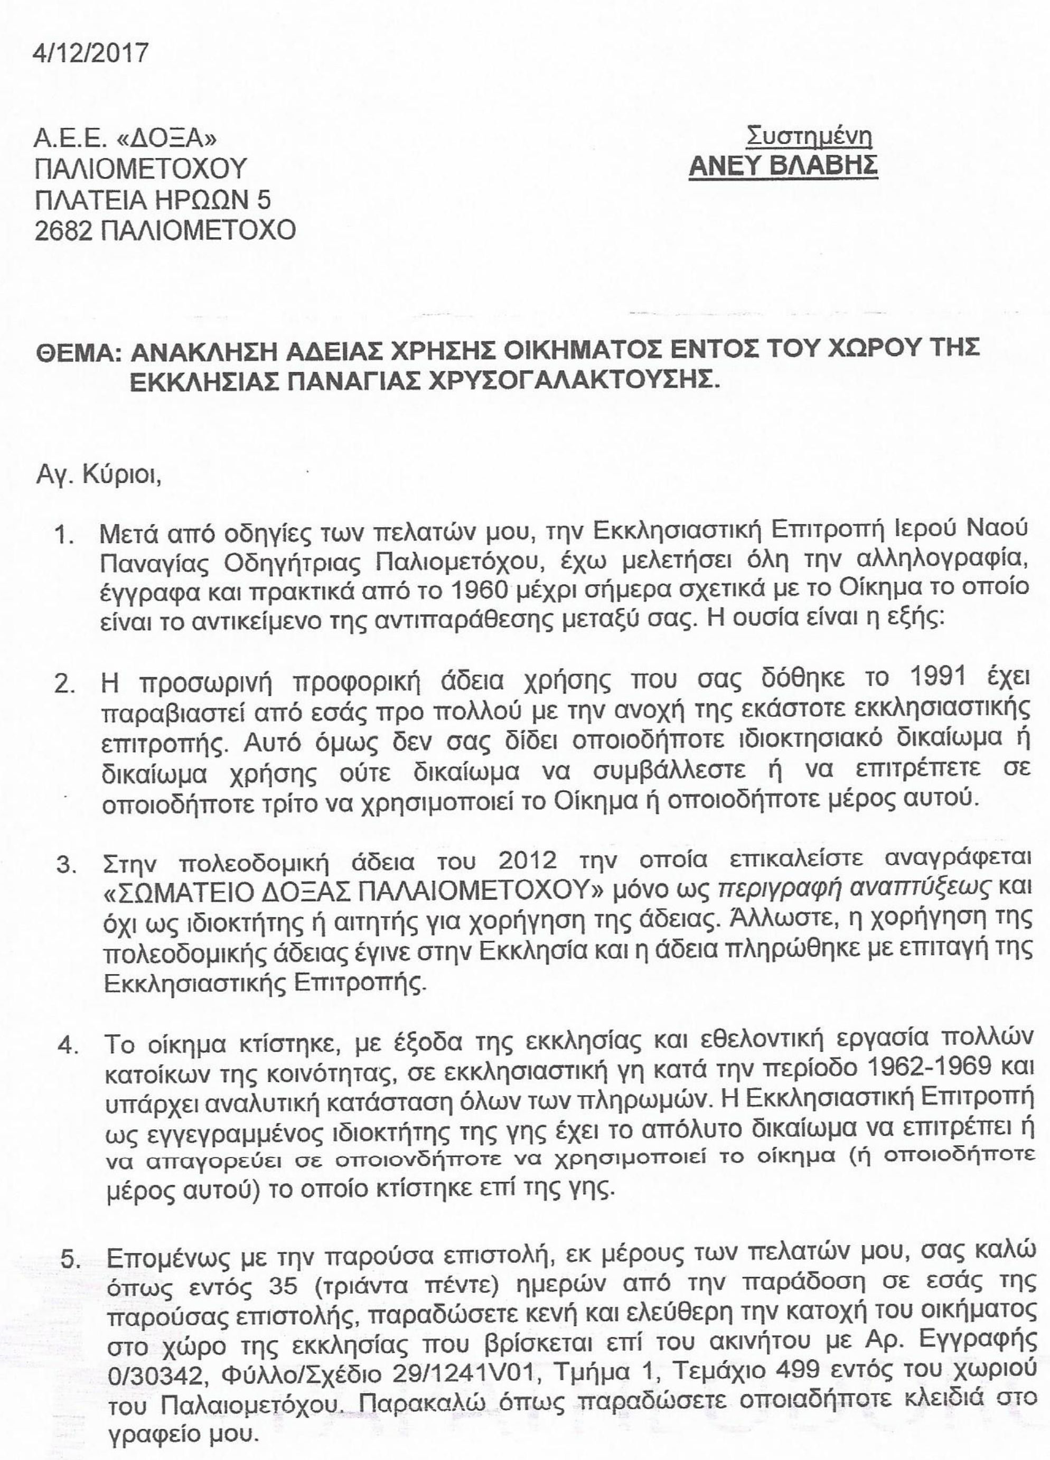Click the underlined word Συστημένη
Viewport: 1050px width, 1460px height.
(809, 137)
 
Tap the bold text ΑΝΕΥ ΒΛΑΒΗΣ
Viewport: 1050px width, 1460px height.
(783, 166)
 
